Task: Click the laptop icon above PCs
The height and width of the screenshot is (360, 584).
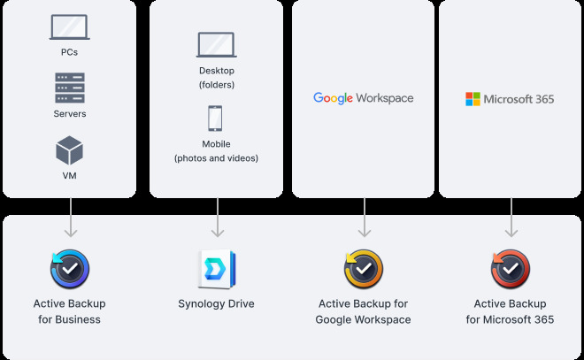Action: click(x=69, y=27)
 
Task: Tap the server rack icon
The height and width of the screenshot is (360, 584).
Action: click(x=69, y=88)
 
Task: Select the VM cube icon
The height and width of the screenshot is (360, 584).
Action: click(x=69, y=150)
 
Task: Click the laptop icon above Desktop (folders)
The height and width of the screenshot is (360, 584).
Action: click(x=217, y=46)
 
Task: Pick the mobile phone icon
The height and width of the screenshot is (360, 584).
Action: click(x=216, y=119)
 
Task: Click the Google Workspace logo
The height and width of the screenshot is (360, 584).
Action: click(x=363, y=98)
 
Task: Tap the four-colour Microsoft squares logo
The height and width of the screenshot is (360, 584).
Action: click(x=473, y=99)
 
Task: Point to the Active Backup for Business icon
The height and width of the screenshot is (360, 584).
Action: click(x=69, y=269)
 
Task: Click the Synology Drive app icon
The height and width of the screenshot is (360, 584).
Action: click(x=216, y=269)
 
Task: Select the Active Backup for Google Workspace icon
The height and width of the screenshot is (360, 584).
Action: click(x=363, y=269)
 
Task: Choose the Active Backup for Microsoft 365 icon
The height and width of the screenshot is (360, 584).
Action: click(x=511, y=269)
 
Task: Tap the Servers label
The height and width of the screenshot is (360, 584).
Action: click(x=69, y=114)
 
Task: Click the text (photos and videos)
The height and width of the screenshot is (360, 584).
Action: click(x=216, y=158)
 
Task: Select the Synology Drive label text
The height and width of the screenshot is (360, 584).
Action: click(x=216, y=304)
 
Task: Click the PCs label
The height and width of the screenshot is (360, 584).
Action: click(x=69, y=52)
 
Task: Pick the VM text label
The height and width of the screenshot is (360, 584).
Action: click(x=69, y=176)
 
